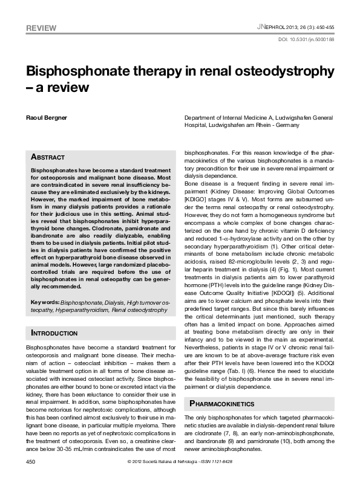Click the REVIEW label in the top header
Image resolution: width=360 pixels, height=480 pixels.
click(41, 28)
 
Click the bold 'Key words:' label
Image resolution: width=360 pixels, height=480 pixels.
click(45, 302)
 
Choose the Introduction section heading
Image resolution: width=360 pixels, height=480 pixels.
click(54, 333)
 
